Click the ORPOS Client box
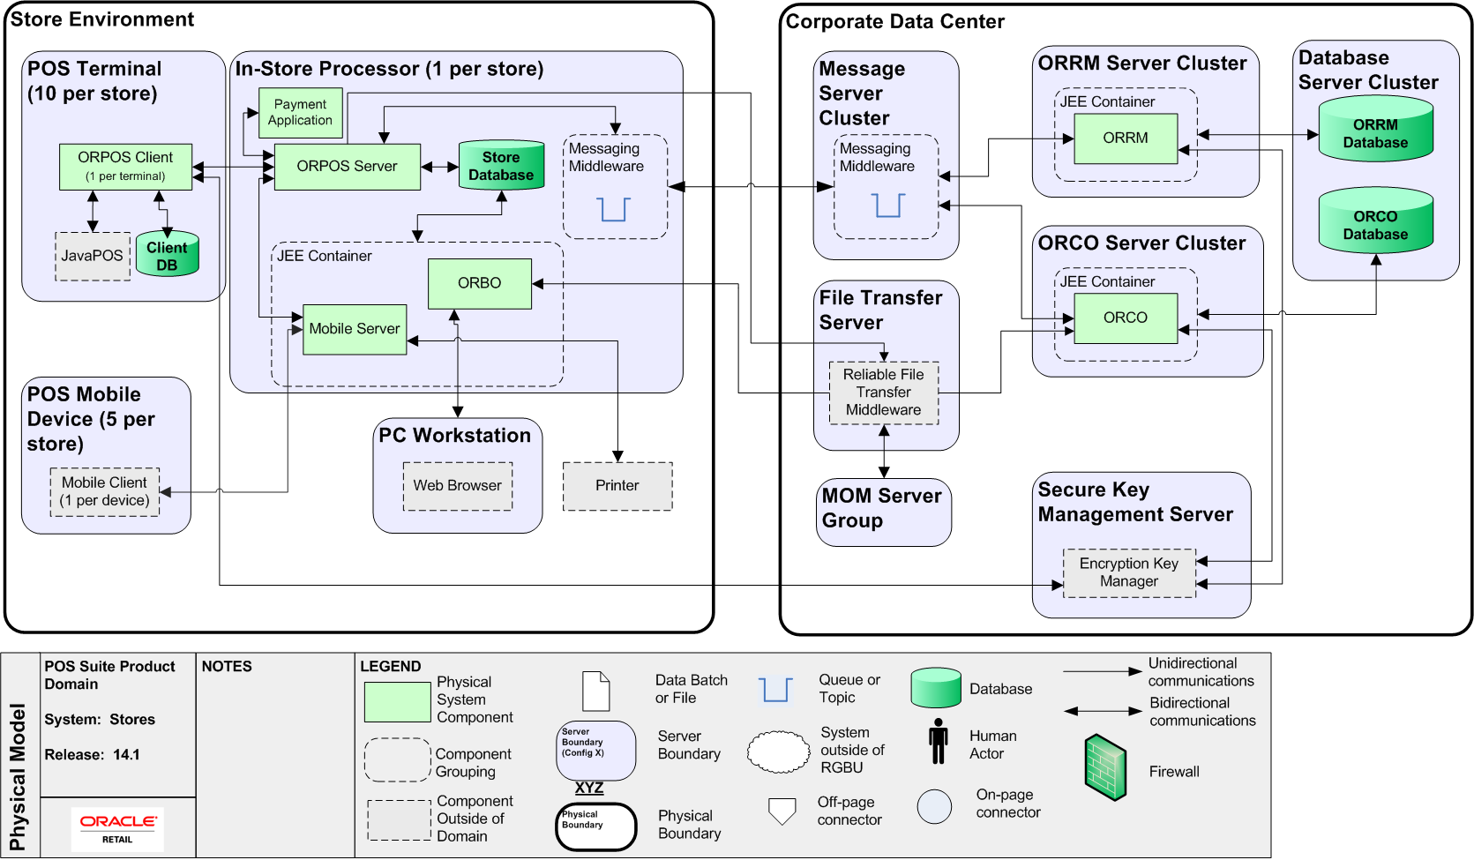(125, 166)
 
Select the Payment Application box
(300, 113)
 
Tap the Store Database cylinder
(501, 166)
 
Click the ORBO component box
(479, 283)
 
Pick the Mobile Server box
(355, 329)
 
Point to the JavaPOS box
(93, 256)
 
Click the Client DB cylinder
(167, 256)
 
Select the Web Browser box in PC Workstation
(457, 486)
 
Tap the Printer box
(617, 486)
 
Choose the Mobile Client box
(105, 491)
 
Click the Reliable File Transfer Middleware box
(883, 393)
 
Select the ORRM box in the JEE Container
(1126, 138)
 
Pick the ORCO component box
(1126, 318)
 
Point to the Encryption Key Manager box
(1129, 572)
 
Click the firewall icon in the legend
(1105, 767)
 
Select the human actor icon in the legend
(939, 741)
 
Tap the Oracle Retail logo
(118, 828)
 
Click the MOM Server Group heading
(881, 508)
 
